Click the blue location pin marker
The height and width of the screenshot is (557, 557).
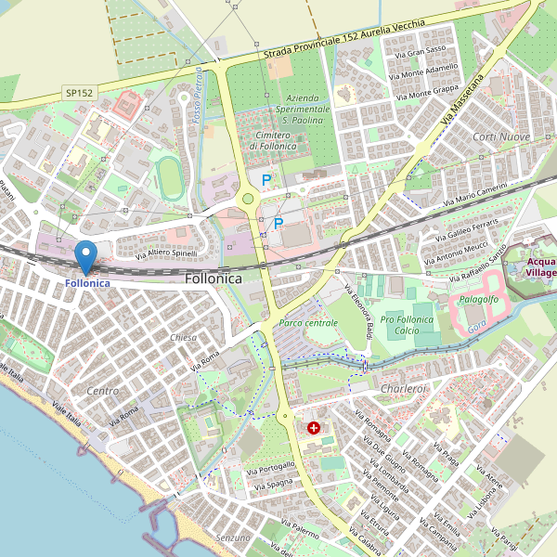tap(85, 254)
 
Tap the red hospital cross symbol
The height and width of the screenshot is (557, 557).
tap(314, 428)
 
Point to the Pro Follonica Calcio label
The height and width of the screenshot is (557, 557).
tap(408, 326)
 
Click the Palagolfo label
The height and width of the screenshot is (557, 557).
tap(479, 299)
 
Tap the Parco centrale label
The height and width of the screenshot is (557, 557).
tap(307, 322)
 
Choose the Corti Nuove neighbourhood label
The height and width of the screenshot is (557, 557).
tap(501, 137)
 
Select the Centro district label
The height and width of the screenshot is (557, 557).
tap(102, 391)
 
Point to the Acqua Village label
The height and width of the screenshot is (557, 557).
tap(538, 267)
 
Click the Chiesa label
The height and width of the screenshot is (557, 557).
tap(184, 338)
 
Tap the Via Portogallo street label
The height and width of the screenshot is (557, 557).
tap(270, 469)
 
